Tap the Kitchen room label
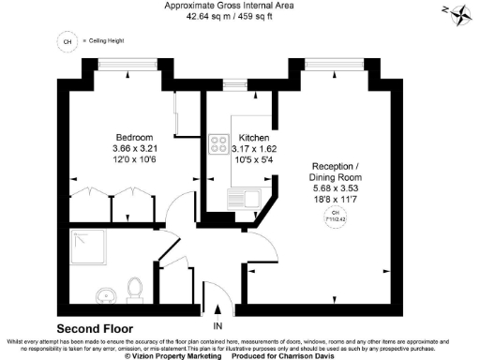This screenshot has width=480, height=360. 253,136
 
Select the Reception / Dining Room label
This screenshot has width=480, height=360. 335,172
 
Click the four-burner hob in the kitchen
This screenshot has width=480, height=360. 220,144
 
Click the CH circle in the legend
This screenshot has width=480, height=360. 67,42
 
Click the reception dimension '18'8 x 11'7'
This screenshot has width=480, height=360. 335,198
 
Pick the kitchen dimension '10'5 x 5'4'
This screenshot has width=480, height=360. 255,159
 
